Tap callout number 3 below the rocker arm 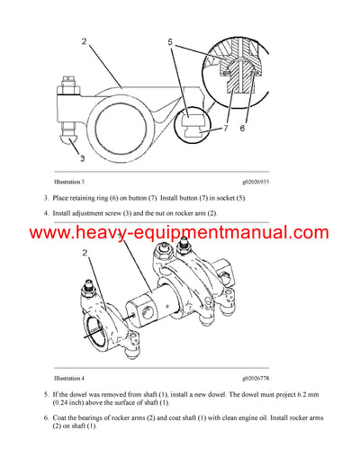(84, 158)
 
